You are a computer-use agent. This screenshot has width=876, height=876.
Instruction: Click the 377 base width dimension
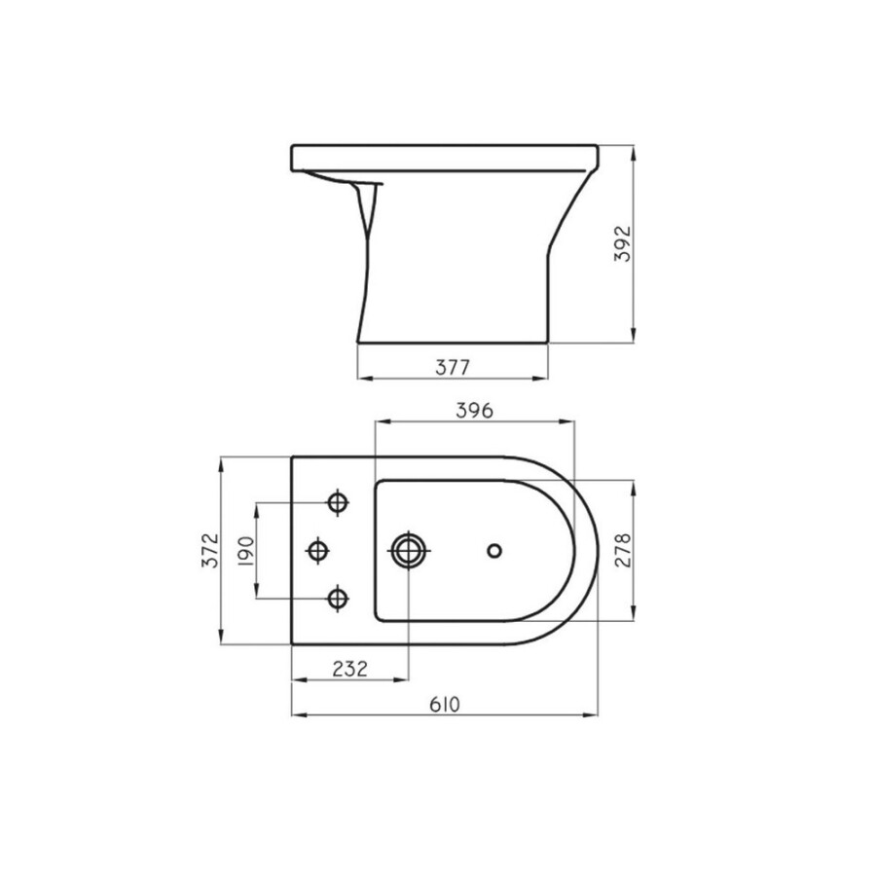[453, 367]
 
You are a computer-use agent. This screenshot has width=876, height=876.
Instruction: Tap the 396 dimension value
[476, 410]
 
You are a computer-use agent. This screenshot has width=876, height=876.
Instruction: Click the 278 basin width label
[625, 550]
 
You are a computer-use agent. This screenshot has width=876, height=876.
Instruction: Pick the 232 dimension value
[349, 669]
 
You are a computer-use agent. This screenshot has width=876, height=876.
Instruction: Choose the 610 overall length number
[444, 704]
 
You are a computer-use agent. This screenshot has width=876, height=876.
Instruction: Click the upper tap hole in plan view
[338, 502]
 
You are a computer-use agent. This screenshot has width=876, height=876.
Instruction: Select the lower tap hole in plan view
[338, 597]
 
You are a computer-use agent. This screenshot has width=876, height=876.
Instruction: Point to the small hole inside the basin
[493, 551]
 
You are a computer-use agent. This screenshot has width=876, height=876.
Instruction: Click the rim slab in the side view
[444, 157]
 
